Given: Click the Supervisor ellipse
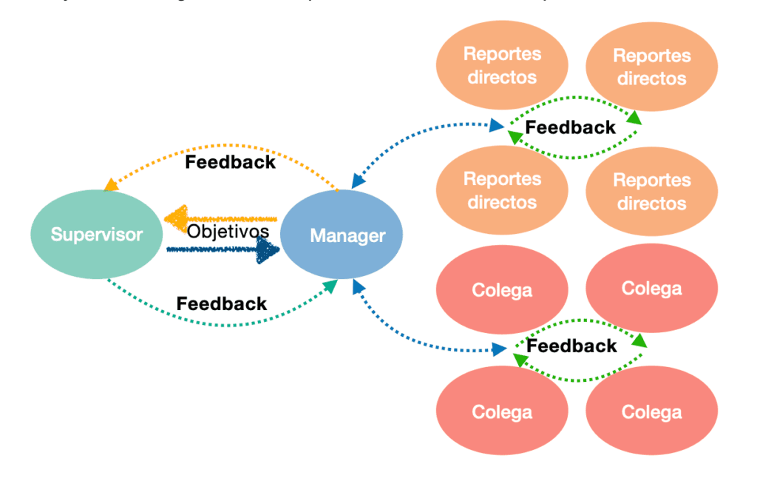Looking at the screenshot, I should tap(96, 235).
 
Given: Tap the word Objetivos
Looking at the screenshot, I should tap(228, 231).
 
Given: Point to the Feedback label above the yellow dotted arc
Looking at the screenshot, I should tap(230, 162).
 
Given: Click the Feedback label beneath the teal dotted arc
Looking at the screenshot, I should tap(222, 303).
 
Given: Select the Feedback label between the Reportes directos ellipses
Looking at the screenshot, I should tap(570, 127).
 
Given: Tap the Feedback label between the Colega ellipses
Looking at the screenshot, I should tap(571, 346).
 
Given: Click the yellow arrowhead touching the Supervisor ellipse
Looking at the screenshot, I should tap(111, 184).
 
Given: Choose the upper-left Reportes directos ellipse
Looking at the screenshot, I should tap(502, 65).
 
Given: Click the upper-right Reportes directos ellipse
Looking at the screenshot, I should tap(651, 67).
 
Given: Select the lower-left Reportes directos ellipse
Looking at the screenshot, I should tap(502, 190).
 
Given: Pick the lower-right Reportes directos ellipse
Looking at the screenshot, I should tap(651, 192).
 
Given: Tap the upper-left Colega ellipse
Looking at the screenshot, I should tap(502, 289).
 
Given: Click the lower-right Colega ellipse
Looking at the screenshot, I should tap(651, 411).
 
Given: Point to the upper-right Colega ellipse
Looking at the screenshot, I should tap(651, 288).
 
